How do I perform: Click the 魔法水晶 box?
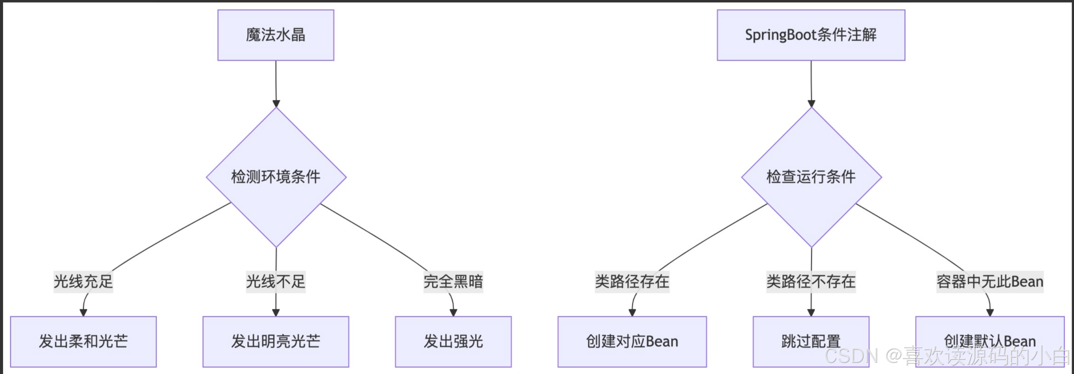[276, 35]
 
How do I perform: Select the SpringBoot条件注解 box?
[810, 35]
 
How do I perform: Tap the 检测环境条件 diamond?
[276, 177]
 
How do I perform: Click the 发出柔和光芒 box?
[83, 341]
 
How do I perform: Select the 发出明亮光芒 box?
[276, 341]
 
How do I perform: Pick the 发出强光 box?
[453, 341]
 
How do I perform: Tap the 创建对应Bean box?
[632, 341]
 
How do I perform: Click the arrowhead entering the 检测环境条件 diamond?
[276, 104]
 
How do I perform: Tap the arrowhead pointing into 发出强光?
[453, 313]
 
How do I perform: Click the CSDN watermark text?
[946, 356]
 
